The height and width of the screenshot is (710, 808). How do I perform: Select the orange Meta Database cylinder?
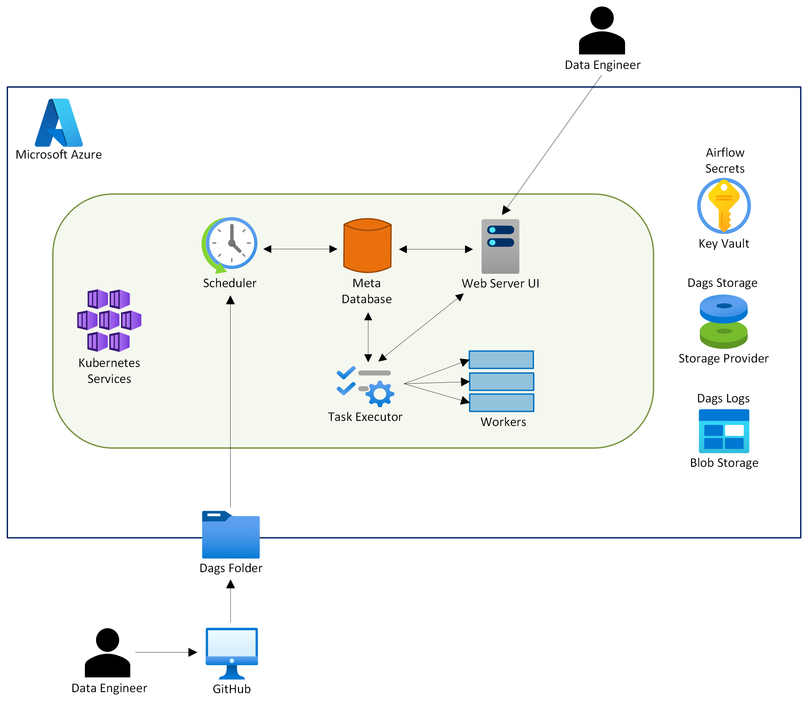pos(367,246)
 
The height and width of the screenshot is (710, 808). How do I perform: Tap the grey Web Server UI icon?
pos(500,246)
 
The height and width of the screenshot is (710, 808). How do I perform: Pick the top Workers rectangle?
pos(501,360)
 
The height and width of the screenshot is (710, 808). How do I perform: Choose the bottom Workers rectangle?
pos(501,403)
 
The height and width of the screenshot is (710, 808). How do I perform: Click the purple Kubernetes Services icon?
pos(109,320)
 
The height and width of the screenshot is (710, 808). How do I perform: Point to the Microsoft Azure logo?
pos(59,123)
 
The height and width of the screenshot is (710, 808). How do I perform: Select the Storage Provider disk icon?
pos(723,322)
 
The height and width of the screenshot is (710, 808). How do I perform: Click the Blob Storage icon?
pos(724,431)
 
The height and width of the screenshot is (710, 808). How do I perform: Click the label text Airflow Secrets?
pos(725,160)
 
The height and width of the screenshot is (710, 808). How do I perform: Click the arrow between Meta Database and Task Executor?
pos(368,337)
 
